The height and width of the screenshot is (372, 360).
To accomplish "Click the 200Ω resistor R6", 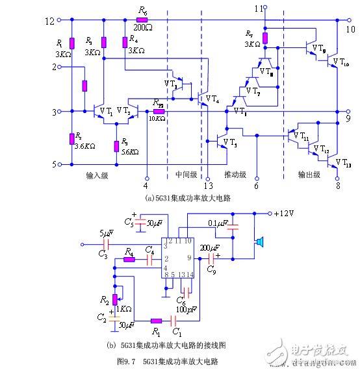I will click(x=142, y=21).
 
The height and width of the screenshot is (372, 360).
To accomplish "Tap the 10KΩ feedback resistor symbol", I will click(x=159, y=112).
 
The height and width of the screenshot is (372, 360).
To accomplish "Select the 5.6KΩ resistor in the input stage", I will click(x=116, y=144).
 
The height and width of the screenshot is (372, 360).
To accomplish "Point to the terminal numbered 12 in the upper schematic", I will click(x=50, y=21).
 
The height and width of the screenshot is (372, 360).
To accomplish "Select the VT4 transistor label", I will click(x=212, y=99).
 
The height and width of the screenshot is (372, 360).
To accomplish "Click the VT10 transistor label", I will click(x=341, y=62).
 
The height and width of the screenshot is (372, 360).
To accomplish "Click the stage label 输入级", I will click(x=97, y=176).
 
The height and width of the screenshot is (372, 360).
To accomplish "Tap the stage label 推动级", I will click(x=235, y=176).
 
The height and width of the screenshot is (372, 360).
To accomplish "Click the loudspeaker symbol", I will click(x=259, y=242).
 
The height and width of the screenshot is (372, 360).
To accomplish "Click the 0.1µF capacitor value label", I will click(x=218, y=224).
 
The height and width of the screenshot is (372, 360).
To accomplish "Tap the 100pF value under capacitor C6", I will click(x=188, y=310).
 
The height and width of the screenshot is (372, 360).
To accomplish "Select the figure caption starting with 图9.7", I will click(x=167, y=360).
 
